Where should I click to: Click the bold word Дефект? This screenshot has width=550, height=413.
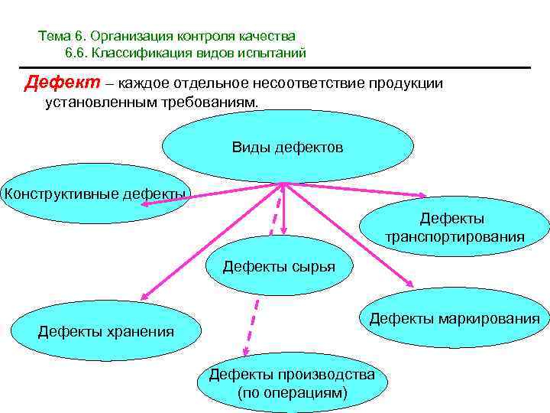(x=55, y=83)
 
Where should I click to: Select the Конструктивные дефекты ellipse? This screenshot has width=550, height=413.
(x=94, y=193)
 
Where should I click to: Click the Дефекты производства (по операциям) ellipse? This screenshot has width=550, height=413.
(x=292, y=383)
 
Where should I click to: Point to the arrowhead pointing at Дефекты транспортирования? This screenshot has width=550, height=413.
(x=423, y=197)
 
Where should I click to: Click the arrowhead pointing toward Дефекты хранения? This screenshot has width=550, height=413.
(x=141, y=297)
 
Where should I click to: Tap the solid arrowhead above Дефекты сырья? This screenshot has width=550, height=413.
(x=283, y=229)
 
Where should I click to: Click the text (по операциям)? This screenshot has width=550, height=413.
(x=292, y=393)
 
